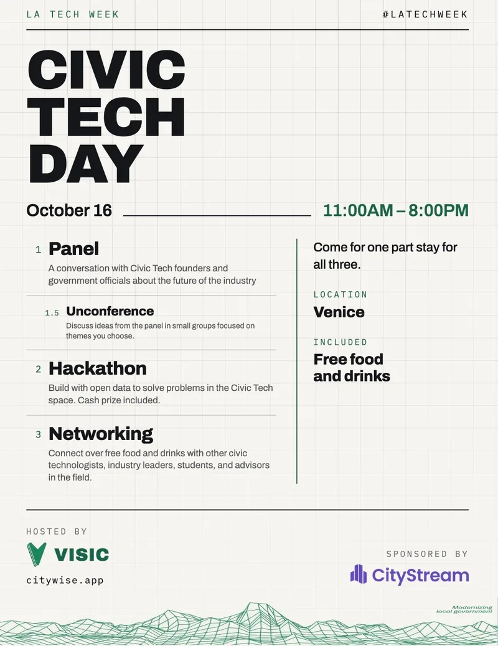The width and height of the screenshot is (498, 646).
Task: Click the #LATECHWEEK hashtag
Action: click(x=425, y=14)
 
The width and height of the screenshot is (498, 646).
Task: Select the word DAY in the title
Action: click(x=85, y=164)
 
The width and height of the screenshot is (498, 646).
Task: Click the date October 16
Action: click(x=69, y=210)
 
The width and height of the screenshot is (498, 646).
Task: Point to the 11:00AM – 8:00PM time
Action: click(x=396, y=210)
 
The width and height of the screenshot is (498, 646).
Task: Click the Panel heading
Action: click(x=74, y=249)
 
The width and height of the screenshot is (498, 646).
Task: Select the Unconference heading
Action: click(x=110, y=311)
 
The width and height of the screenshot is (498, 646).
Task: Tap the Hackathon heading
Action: click(x=98, y=368)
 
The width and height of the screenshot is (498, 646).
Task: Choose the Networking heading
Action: click(x=101, y=434)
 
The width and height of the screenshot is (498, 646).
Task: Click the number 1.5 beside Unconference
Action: click(x=52, y=313)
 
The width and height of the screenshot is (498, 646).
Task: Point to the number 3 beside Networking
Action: click(x=39, y=434)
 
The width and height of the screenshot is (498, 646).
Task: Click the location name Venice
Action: click(x=339, y=312)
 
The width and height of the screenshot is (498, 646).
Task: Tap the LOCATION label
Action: click(x=341, y=294)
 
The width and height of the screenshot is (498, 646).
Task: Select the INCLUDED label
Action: click(x=341, y=342)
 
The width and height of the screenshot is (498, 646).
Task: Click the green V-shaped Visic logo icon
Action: click(x=36, y=555)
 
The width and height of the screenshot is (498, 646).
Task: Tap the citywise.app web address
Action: click(x=65, y=581)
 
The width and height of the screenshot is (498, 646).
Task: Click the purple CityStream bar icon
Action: click(x=358, y=574)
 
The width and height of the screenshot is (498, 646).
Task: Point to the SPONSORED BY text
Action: click(x=427, y=554)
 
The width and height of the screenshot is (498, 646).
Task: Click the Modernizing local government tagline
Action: click(x=464, y=609)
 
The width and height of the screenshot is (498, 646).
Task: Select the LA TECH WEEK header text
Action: click(x=73, y=14)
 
